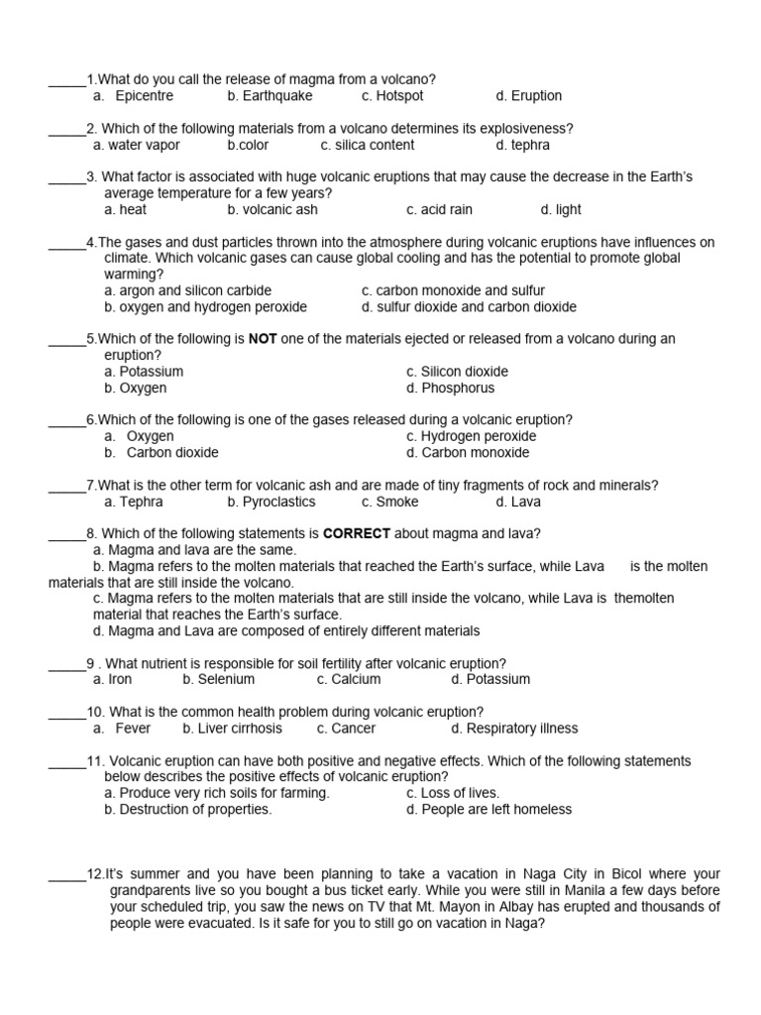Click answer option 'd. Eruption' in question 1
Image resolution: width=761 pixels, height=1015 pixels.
(528, 96)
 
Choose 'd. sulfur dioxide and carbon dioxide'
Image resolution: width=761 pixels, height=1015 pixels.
(469, 307)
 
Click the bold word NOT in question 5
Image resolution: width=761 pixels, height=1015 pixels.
(263, 339)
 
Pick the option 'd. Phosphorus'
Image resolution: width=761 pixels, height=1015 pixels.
(450, 389)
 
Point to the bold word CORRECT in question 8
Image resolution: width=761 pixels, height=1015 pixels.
(357, 533)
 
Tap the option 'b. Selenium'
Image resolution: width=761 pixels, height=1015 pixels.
(218, 680)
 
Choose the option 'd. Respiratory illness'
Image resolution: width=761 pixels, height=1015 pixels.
(513, 729)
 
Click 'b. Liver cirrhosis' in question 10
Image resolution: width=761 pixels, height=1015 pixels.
(232, 729)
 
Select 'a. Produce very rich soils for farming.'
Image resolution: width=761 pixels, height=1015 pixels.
(217, 793)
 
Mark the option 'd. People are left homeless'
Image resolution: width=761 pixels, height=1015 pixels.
(489, 810)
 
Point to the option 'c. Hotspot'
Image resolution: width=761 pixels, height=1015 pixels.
(392, 96)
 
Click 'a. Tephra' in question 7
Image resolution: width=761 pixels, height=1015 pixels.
(134, 502)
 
